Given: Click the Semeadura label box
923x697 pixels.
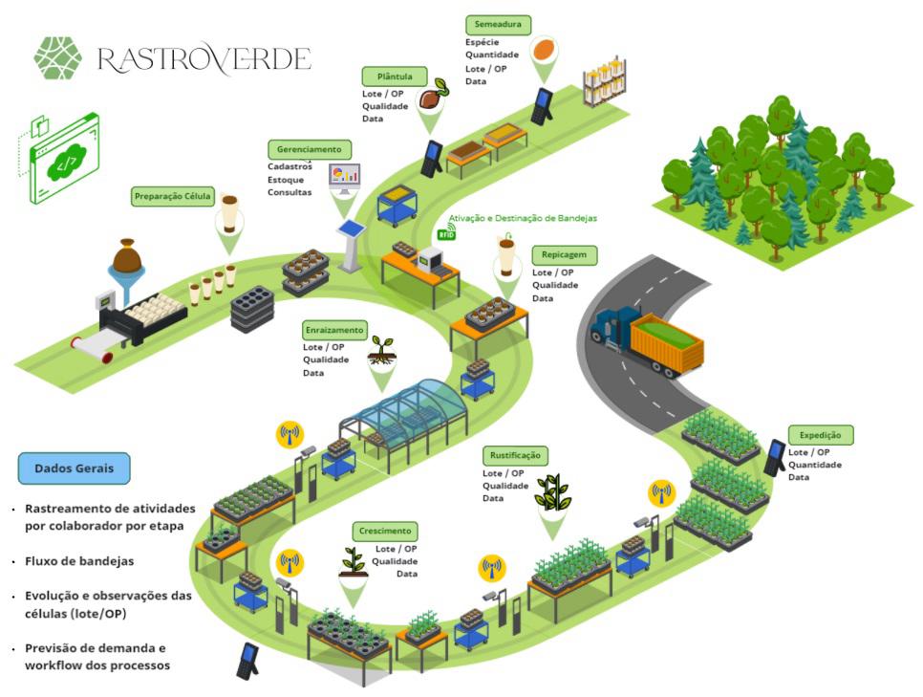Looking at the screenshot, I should click(497, 25).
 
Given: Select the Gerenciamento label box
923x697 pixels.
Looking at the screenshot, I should click(309, 150).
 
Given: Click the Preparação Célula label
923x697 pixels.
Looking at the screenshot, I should click(173, 197).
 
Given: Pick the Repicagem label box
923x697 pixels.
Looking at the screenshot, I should click(564, 255).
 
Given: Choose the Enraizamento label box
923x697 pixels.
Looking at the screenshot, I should click(333, 330).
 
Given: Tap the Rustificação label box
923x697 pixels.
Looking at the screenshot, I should click(515, 455).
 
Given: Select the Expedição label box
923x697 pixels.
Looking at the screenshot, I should click(821, 435).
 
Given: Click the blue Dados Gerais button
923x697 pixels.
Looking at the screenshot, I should click(74, 468).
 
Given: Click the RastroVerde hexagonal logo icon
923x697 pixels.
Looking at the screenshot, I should click(58, 58).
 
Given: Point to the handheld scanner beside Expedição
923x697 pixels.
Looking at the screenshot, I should click(775, 457).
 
